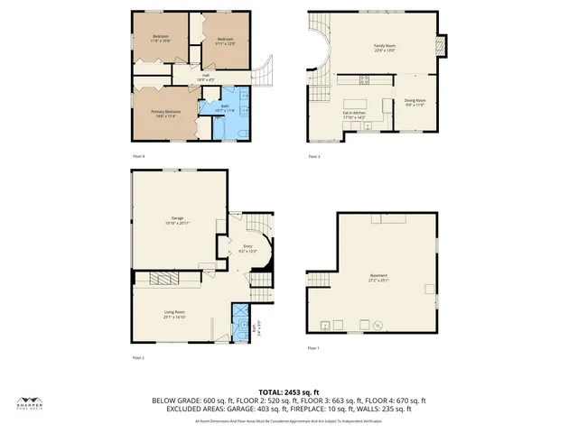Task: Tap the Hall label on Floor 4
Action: [206, 77]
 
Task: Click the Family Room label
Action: [387, 48]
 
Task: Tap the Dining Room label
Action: [415, 102]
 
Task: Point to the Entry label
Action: [247, 248]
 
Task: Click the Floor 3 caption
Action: [313, 157]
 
